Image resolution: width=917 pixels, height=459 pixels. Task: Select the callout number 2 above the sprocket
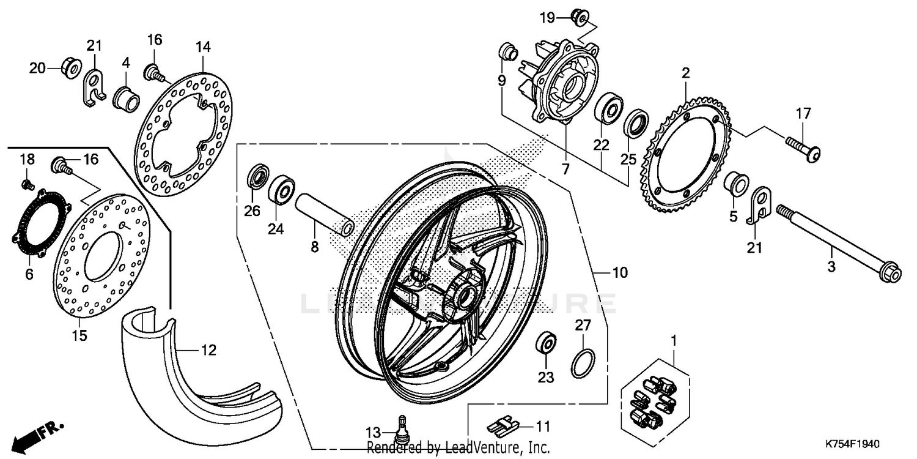[x=686, y=73]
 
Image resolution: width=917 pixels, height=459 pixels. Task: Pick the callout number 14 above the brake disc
[x=203, y=47]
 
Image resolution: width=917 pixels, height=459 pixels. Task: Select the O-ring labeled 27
[x=583, y=364]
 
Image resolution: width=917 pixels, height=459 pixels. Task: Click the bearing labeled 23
[x=545, y=342]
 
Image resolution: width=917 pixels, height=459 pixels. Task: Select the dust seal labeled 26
[x=257, y=177]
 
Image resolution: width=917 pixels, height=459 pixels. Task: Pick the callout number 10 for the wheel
[x=620, y=272]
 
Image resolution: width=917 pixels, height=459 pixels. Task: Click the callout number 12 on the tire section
[x=208, y=351]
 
